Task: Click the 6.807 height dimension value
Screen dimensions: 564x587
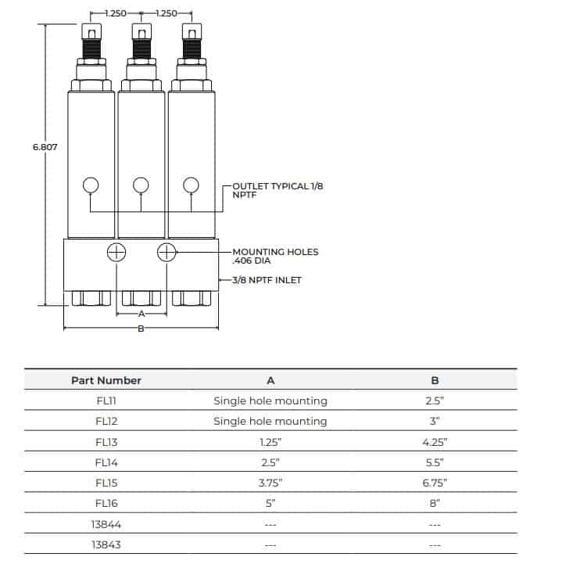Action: [x=45, y=147]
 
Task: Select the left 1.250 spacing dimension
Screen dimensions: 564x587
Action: [x=115, y=13]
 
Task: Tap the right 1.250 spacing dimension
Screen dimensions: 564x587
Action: [x=166, y=13]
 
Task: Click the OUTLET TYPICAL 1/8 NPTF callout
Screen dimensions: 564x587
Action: [x=267, y=189]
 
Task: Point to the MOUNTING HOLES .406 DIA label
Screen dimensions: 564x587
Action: [x=275, y=257]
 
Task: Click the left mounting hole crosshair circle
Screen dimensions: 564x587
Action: [x=116, y=252]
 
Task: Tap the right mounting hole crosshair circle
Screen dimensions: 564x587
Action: [x=166, y=252]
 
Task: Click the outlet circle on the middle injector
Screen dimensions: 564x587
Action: [x=141, y=185]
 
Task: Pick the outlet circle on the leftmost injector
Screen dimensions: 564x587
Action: [x=91, y=185]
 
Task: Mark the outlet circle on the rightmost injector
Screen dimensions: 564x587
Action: [x=191, y=185]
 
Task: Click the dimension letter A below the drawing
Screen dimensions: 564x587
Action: [x=141, y=314]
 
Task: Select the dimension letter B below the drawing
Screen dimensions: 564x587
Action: [x=141, y=329]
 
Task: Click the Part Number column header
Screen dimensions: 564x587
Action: [x=106, y=380]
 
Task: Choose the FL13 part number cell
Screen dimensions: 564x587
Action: [x=106, y=441]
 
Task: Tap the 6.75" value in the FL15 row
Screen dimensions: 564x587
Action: [x=435, y=482]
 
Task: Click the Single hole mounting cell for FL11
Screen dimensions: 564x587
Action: [x=270, y=401]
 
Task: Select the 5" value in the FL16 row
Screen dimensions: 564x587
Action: [x=270, y=502]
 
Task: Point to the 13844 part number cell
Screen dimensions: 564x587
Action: [x=106, y=523]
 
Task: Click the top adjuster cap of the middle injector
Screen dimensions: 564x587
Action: [x=141, y=32]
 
